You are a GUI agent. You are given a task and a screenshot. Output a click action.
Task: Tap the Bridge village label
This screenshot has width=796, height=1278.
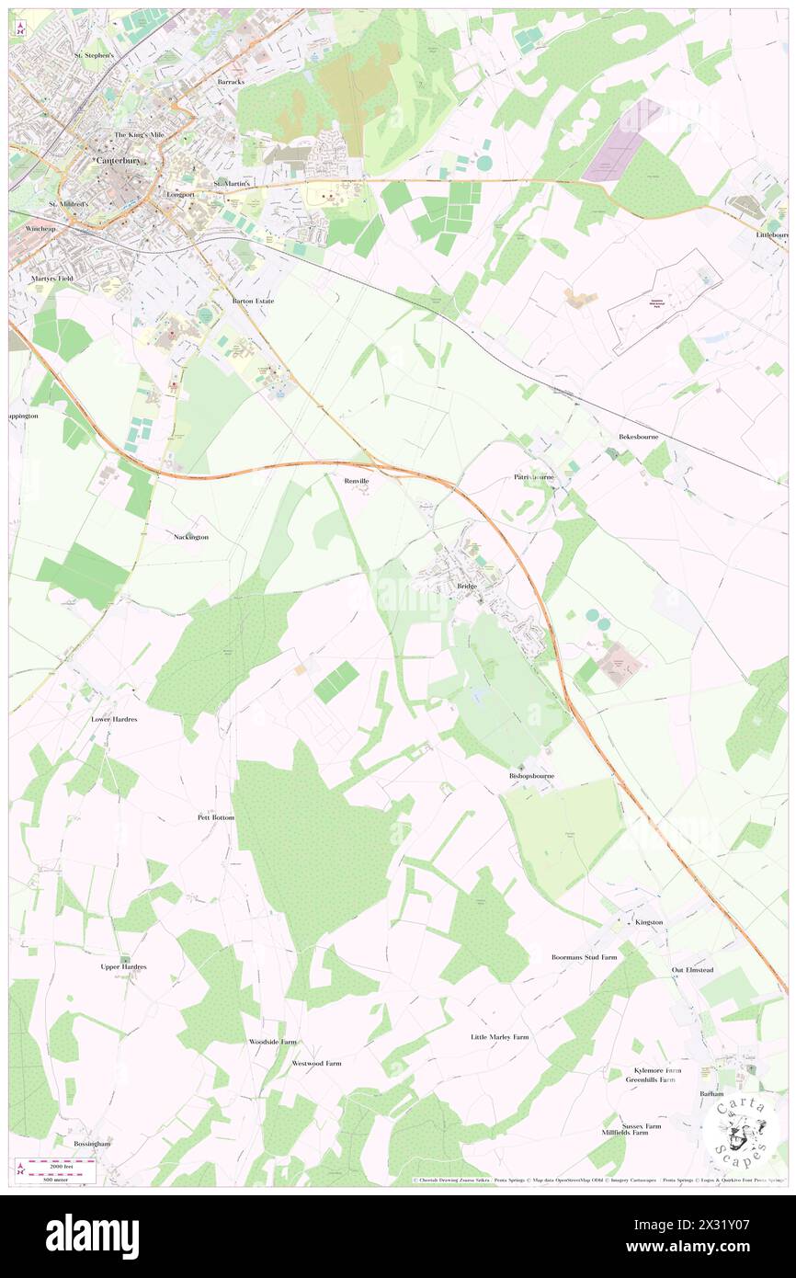click(x=466, y=586)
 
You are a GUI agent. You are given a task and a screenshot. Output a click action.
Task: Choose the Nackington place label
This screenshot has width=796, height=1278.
click(x=191, y=536)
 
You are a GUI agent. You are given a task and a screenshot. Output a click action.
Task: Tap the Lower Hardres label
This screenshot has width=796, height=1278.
click(x=114, y=719)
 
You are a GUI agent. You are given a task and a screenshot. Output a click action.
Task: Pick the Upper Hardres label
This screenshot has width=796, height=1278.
click(x=123, y=967)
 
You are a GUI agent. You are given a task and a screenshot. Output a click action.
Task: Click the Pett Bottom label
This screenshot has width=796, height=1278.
click(x=216, y=816)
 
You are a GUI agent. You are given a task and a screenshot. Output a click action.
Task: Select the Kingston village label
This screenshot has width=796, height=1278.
click(x=649, y=922)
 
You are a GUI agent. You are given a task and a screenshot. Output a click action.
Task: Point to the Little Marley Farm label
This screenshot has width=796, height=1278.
click(x=499, y=1037)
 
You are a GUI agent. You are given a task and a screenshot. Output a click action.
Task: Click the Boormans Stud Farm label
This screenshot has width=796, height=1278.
click(x=584, y=957)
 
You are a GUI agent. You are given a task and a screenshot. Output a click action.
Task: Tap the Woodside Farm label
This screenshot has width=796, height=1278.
click(x=273, y=1042)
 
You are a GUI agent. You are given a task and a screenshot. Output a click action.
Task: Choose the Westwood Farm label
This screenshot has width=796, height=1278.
click(x=316, y=1063)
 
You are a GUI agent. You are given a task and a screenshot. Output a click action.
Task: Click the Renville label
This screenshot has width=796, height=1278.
click(x=357, y=481)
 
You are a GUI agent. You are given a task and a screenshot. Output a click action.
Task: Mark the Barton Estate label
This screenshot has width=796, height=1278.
click(x=253, y=301)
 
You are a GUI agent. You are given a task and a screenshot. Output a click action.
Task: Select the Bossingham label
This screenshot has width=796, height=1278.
click(x=92, y=1144)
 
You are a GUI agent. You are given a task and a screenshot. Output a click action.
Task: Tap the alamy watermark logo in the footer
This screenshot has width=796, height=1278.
click(x=92, y=1236)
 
